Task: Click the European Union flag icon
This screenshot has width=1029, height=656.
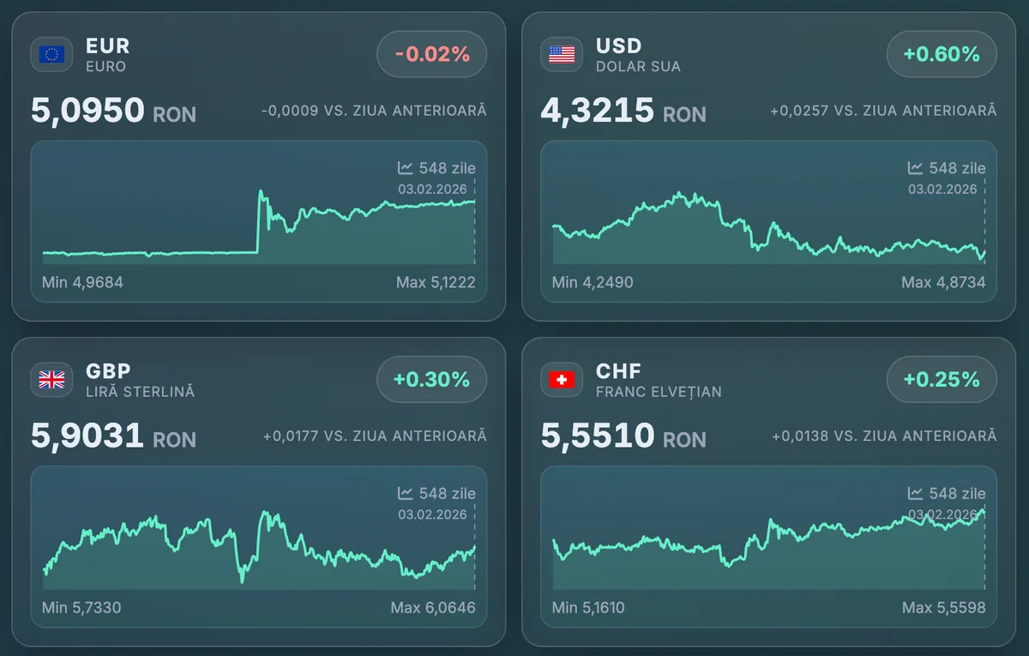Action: (x=51, y=55)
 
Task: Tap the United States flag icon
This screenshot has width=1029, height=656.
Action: (x=562, y=55)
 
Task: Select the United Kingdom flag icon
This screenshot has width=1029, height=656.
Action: (x=51, y=380)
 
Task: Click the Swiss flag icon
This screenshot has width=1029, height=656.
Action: (x=562, y=380)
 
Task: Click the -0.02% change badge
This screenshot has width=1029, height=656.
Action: (x=432, y=55)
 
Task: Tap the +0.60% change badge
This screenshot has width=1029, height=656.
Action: (x=942, y=55)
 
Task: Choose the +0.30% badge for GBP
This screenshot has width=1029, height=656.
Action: (x=432, y=380)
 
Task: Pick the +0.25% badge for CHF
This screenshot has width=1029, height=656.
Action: (x=942, y=380)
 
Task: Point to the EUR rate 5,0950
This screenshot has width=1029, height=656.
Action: (x=87, y=111)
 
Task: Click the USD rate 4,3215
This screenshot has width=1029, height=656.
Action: (x=598, y=111)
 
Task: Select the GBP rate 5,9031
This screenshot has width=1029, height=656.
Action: (x=87, y=436)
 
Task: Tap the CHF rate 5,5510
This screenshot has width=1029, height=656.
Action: (x=598, y=436)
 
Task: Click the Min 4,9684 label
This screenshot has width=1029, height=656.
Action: (x=82, y=282)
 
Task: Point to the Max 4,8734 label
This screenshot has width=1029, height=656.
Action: (x=943, y=282)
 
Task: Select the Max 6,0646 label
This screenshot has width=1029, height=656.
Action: (x=433, y=608)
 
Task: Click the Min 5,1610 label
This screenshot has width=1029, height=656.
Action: (x=588, y=608)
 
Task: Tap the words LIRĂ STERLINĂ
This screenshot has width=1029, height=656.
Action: (x=140, y=392)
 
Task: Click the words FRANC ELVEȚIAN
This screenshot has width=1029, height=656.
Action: (x=659, y=392)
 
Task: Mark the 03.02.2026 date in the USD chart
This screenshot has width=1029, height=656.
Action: (x=942, y=189)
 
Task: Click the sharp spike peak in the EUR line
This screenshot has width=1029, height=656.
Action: (x=260, y=191)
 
